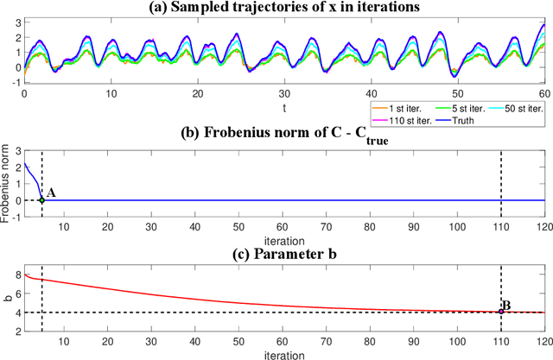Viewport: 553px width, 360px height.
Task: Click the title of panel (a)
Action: click(284, 9)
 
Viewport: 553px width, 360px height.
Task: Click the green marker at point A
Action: click(41, 200)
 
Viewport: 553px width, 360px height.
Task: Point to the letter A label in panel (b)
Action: click(51, 193)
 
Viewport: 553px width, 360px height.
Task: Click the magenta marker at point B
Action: click(501, 312)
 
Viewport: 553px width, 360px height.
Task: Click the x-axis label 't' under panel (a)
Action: click(284, 109)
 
